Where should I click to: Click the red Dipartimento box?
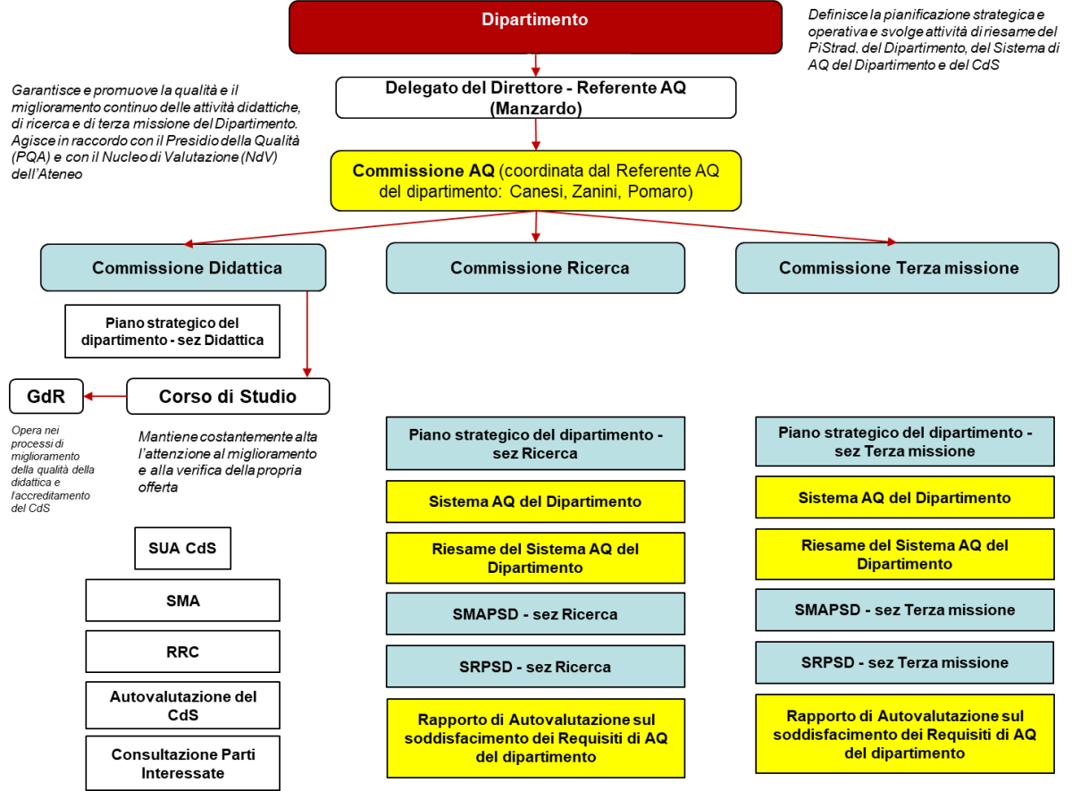click(535, 26)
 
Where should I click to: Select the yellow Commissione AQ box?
click(535, 181)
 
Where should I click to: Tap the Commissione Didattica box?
click(183, 268)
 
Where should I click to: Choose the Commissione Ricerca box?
click(535, 268)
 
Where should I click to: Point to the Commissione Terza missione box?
click(897, 268)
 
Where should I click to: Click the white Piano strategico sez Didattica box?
click(172, 332)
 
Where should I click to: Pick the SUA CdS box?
click(182, 548)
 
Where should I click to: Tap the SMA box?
click(182, 601)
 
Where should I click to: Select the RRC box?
click(182, 652)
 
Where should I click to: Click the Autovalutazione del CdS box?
click(182, 705)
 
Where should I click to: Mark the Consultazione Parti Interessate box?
click(182, 763)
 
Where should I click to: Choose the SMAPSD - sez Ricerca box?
click(535, 614)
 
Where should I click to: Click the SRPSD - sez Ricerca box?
click(535, 667)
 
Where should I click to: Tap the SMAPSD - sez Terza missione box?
click(904, 610)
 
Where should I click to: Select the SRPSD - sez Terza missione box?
click(904, 662)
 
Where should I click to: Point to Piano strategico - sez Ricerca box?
click(535, 443)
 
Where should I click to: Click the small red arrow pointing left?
click(105, 396)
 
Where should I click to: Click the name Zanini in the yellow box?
click(606, 191)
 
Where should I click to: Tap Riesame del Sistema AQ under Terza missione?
click(904, 554)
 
